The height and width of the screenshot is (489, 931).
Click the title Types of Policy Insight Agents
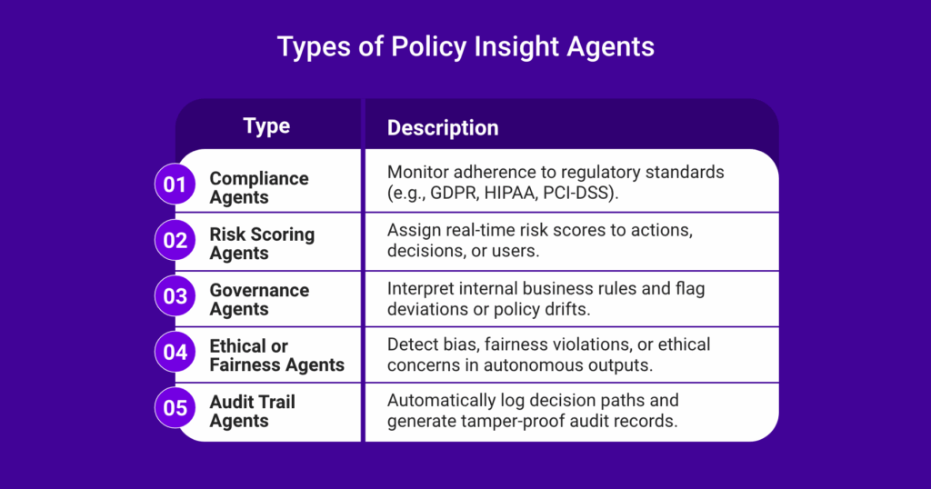[465, 47]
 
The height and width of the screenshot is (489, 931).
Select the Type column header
[266, 125]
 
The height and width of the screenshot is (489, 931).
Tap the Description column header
[443, 127]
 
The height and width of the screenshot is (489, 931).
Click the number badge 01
[175, 185]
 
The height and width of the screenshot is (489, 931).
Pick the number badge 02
[175, 240]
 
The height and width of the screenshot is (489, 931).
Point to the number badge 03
[175, 296]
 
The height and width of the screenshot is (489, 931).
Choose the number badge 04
[175, 352]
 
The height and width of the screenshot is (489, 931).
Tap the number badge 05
[175, 408]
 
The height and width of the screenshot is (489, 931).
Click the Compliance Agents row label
[259, 187]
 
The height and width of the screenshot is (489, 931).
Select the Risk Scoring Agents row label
[262, 244]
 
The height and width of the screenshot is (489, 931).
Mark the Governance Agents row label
[259, 299]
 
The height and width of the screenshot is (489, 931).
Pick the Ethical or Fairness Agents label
[276, 354]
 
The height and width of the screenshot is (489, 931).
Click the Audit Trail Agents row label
[253, 411]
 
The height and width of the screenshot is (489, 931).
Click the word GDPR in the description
[455, 193]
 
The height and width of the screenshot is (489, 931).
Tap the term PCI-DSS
[577, 193]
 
